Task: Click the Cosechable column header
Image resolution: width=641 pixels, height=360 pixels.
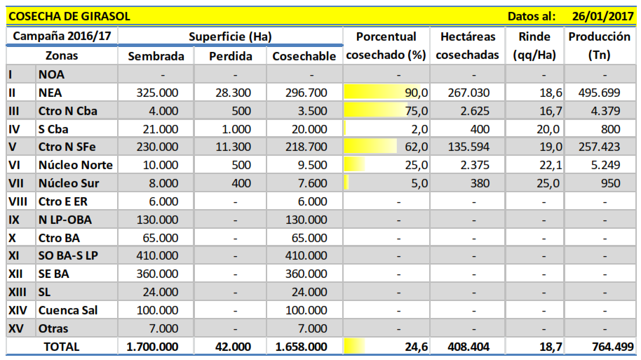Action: pos(304,56)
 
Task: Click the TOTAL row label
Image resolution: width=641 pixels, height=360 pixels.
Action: pos(62,347)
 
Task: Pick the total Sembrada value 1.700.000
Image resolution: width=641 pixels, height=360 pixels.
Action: pos(152,347)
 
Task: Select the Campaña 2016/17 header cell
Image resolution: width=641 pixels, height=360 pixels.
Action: pos(62,36)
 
